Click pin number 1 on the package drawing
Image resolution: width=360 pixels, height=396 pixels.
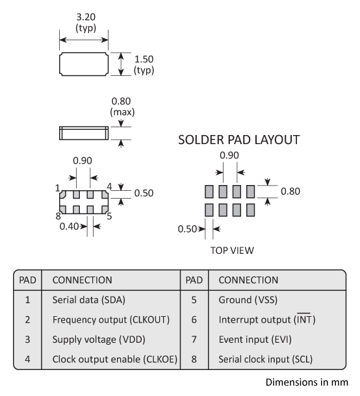(58, 188)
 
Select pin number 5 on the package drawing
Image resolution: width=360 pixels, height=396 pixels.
(109, 216)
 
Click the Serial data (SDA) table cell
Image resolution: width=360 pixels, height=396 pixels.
(85, 301)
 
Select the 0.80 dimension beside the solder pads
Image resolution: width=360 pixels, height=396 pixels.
(290, 192)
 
